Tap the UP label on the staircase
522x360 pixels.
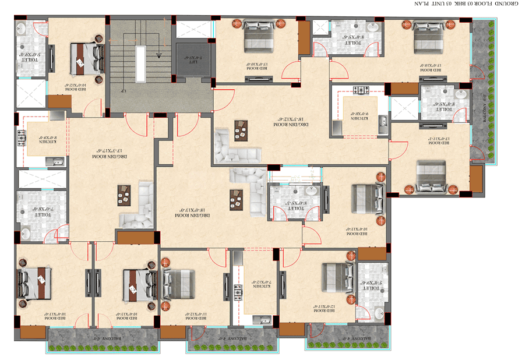coord(124,92)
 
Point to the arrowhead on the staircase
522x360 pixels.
coord(158,55)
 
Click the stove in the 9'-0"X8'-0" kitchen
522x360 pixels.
coord(361,90)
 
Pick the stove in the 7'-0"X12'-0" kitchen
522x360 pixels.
coord(238,289)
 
